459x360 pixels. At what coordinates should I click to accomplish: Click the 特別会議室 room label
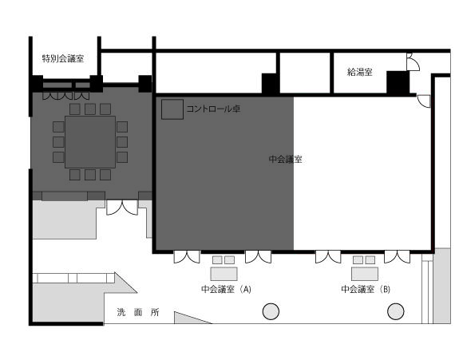[63, 59]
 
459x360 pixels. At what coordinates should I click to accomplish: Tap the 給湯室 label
[359, 72]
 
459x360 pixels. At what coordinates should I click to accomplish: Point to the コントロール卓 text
[213, 109]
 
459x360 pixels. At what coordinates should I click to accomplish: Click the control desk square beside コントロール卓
[172, 109]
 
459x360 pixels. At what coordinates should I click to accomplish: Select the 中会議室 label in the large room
[286, 159]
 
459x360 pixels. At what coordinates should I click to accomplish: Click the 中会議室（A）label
[226, 289]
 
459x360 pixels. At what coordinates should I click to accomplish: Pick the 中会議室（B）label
[366, 289]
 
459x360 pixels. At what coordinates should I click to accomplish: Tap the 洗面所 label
[138, 312]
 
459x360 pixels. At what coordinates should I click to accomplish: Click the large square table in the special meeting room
[90, 142]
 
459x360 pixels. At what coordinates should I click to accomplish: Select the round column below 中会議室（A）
[271, 311]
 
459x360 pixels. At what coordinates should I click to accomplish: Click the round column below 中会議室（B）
[396, 311]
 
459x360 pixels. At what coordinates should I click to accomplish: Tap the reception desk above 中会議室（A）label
[224, 274]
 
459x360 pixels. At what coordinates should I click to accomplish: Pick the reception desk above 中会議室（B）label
[365, 274]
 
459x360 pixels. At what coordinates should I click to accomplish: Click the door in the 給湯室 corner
[413, 62]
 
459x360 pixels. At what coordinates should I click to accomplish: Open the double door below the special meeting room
[122, 208]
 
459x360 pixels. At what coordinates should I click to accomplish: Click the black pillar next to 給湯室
[398, 83]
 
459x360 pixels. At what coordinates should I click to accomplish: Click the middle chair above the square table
[90, 109]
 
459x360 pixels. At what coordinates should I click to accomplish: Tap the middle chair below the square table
[90, 175]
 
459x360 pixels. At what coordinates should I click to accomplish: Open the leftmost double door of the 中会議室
[187, 257]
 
